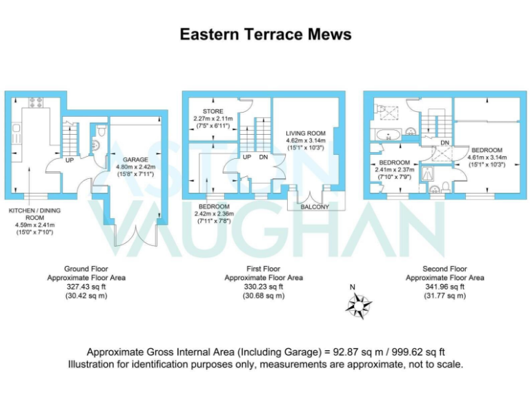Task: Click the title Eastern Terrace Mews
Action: pos(266,35)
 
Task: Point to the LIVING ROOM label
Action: pos(306,133)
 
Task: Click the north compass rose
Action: pos(358,303)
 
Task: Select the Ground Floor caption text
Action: pos(86,269)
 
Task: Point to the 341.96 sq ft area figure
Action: pos(444,287)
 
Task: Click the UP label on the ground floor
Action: pos(70,160)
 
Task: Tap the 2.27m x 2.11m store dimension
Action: pos(213,119)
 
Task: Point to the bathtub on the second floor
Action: pos(389,134)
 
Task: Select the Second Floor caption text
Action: pos(444,269)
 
